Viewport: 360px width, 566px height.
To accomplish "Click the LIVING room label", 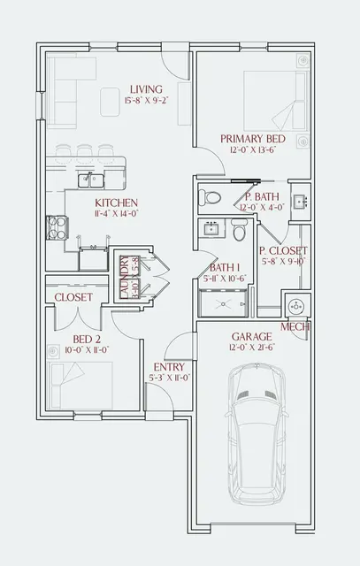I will (x=147, y=89).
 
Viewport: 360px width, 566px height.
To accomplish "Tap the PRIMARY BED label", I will (x=254, y=138).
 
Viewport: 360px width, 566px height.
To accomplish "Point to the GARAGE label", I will (x=251, y=337).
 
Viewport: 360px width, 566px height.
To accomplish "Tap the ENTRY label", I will (x=168, y=366).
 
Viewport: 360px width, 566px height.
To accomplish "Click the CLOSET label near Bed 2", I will (x=73, y=298).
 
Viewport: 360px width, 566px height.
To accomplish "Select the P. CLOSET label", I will (x=283, y=250).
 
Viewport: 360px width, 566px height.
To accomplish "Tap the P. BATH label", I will (x=262, y=196).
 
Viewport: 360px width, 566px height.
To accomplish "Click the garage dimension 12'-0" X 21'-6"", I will (x=252, y=348).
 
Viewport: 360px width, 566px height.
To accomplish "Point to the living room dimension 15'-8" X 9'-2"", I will (x=147, y=101).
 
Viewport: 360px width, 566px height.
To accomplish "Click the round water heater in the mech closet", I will (x=295, y=305).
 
